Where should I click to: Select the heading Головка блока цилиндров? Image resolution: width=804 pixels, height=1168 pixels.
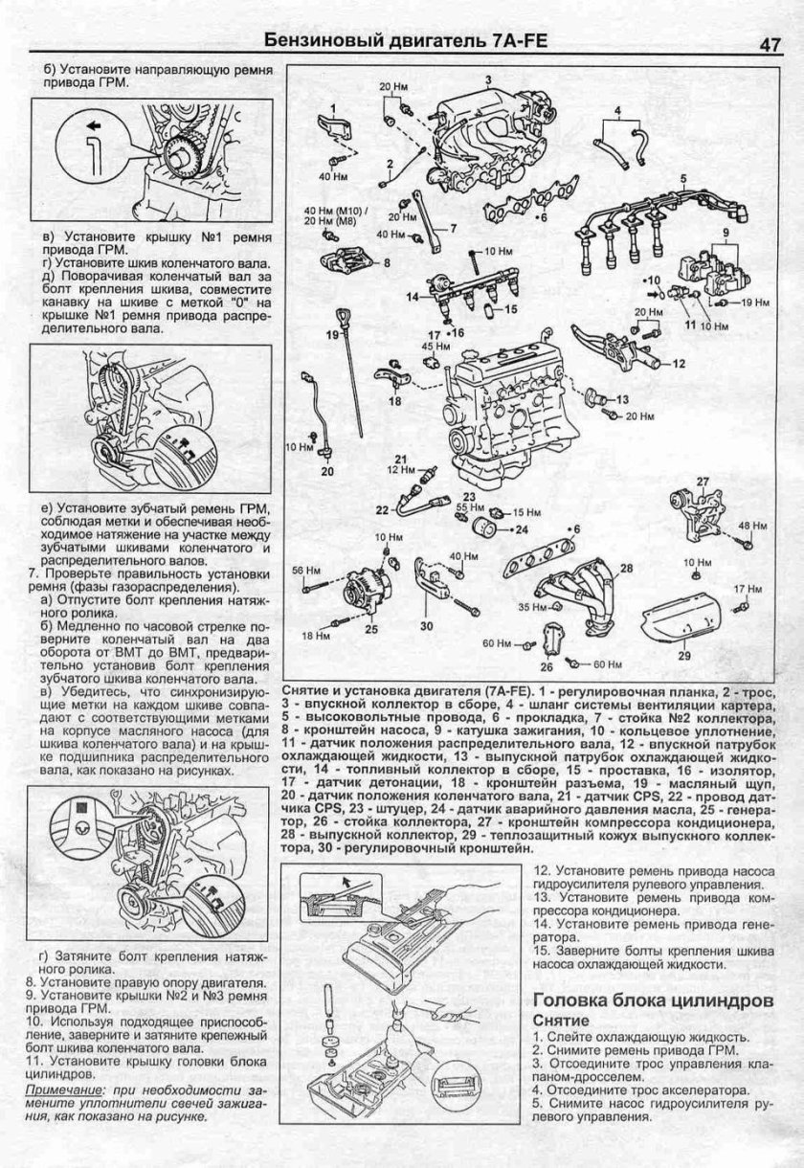[x=652, y=1000]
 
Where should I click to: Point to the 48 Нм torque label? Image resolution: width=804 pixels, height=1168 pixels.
[x=752, y=525]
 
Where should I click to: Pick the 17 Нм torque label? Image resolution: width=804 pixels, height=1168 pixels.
[x=747, y=587]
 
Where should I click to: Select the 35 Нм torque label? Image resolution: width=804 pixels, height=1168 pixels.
[x=531, y=607]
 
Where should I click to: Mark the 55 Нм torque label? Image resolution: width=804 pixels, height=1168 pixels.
[x=467, y=506]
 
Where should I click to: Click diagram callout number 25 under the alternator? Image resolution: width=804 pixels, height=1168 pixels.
[x=370, y=629]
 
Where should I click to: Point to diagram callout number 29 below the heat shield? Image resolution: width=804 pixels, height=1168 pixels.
[x=683, y=656]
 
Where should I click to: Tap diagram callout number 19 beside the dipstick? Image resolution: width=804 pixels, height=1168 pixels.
[x=333, y=334]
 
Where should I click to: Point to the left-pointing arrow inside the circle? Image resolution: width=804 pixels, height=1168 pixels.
[x=94, y=125]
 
